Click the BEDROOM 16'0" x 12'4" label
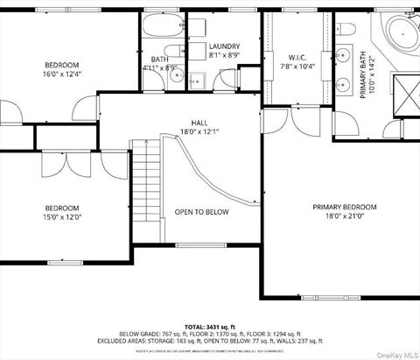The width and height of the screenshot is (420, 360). pyautogui.click(x=62, y=70)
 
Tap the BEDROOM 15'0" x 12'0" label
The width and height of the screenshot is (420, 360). pyautogui.click(x=62, y=213)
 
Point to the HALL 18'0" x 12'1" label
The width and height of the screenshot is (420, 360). pyautogui.click(x=199, y=127)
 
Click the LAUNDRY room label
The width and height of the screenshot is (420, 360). pyautogui.click(x=224, y=51)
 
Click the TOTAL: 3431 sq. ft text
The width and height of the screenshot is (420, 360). pyautogui.click(x=210, y=325)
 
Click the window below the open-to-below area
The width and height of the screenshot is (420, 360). pyautogui.click(x=201, y=244)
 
